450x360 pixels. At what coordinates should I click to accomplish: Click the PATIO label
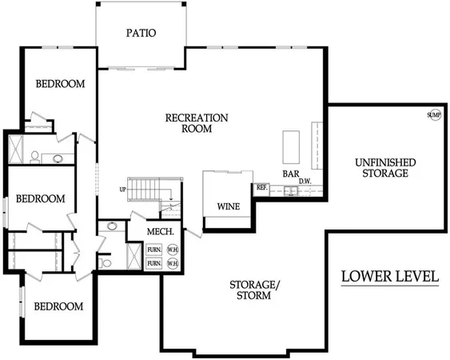[x=140, y=34]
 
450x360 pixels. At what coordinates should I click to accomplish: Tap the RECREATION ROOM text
[x=197, y=123]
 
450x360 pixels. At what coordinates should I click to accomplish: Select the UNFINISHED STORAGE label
[x=386, y=167]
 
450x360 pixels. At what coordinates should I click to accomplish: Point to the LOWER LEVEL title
[x=390, y=277]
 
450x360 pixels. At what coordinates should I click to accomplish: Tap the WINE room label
[x=229, y=206]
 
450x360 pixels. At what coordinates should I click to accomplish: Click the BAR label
[x=291, y=174]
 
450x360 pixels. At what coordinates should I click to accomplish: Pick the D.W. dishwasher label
[x=305, y=182]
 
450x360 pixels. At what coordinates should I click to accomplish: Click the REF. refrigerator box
[x=261, y=188]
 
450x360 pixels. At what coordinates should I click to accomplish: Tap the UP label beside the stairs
[x=122, y=190]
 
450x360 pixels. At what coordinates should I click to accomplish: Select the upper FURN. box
[x=154, y=250]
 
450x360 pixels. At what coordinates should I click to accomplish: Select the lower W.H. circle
[x=173, y=262]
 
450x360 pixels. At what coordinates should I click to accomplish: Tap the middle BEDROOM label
[x=40, y=198]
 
